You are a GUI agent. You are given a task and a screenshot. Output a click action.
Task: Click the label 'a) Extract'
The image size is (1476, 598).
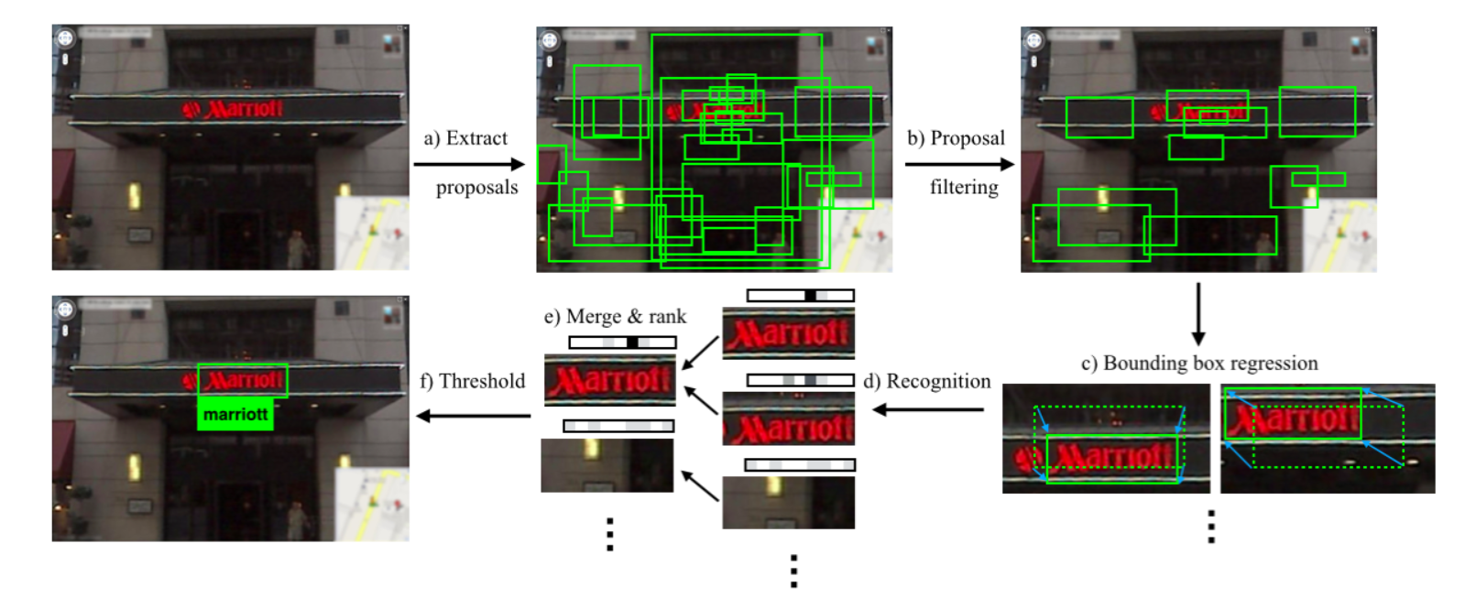point(465,138)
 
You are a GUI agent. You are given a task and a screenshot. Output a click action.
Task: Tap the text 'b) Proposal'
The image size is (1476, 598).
point(956,138)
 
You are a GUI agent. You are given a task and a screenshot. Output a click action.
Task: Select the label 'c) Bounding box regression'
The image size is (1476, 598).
point(1198,364)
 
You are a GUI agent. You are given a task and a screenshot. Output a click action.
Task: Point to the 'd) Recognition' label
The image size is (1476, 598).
point(926,381)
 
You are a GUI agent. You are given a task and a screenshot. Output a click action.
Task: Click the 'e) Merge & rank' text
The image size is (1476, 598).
point(615,317)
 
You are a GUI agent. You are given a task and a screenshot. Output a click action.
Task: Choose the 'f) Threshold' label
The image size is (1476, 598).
point(473,381)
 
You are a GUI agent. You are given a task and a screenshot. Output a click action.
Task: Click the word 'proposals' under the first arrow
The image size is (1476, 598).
point(476,188)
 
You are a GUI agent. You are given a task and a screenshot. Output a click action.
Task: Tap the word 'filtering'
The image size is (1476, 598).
point(964,188)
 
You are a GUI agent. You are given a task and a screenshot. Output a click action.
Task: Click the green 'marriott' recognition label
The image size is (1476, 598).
point(235,415)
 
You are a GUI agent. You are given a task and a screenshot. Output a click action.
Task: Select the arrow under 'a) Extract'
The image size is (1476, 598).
point(468,165)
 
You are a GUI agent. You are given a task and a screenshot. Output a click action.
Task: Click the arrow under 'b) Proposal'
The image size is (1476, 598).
point(959,165)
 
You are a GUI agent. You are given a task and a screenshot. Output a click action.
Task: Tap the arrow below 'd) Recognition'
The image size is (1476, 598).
point(927,409)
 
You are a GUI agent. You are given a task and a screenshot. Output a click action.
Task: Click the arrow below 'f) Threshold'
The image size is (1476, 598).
point(473,416)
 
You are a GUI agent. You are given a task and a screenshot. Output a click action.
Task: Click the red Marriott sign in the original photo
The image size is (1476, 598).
point(234,110)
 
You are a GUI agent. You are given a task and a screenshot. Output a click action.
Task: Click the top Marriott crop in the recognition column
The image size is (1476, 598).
point(788,332)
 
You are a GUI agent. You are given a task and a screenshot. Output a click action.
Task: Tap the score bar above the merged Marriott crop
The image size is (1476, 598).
point(622,342)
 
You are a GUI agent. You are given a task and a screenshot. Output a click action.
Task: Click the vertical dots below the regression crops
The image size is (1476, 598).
point(1211,527)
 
